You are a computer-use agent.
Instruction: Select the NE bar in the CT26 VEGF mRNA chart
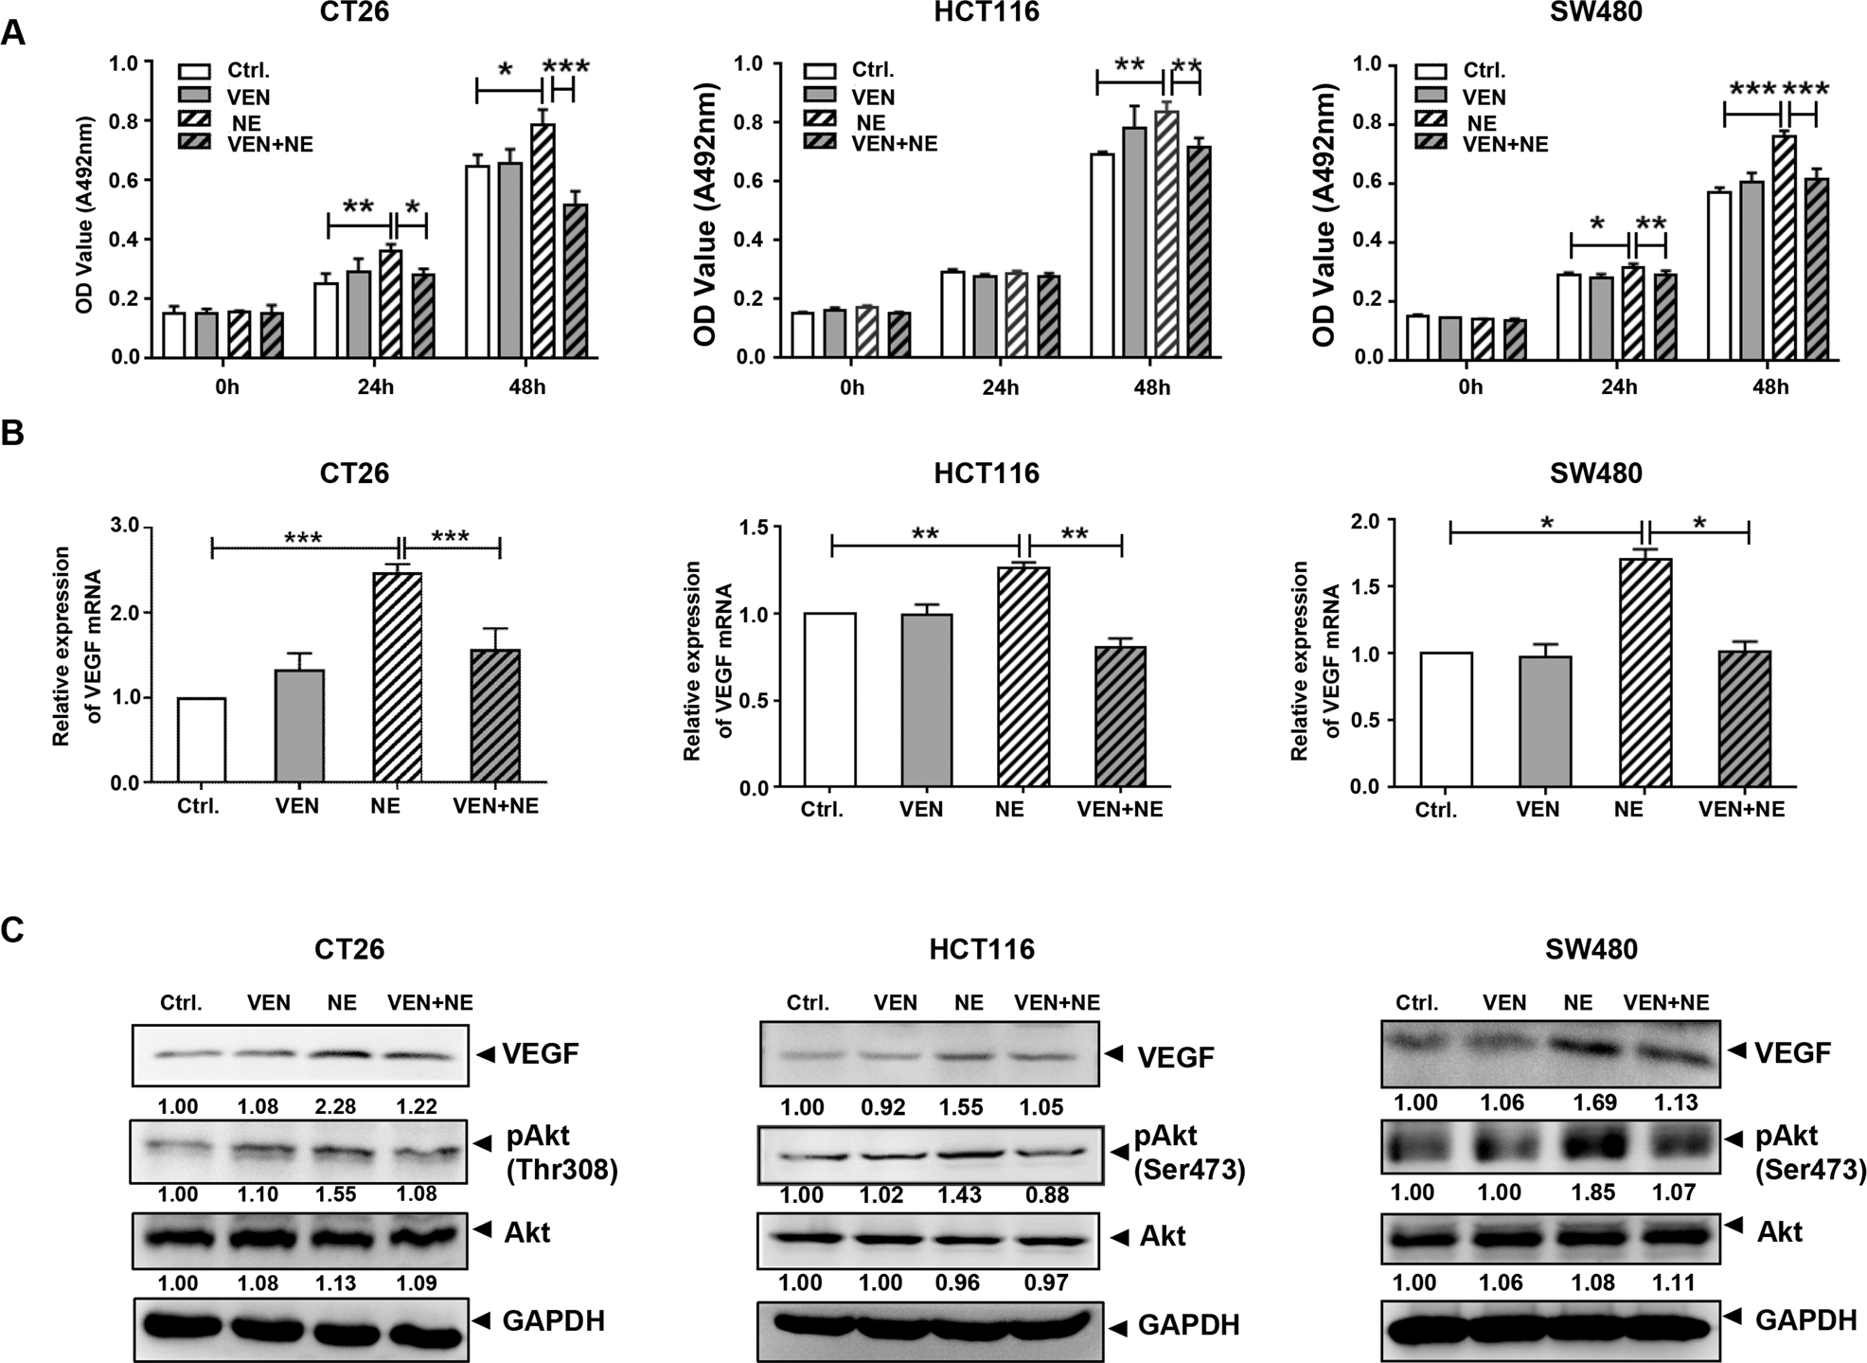tap(398, 677)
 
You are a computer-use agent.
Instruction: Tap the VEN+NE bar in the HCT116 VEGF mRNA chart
tap(1120, 717)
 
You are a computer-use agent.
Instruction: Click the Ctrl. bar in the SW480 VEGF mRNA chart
tap(1447, 720)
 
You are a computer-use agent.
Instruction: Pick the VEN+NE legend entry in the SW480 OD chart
tap(1505, 144)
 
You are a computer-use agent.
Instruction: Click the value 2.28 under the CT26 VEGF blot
tap(336, 1106)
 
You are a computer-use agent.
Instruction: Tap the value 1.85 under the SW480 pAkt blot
tap(1594, 1192)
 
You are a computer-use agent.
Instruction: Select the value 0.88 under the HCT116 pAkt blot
tap(1045, 1195)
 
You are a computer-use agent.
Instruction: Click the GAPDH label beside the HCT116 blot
tap(1188, 1325)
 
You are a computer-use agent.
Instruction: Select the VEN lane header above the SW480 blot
tap(1504, 1003)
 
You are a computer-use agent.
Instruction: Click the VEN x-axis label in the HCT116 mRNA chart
tap(920, 810)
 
